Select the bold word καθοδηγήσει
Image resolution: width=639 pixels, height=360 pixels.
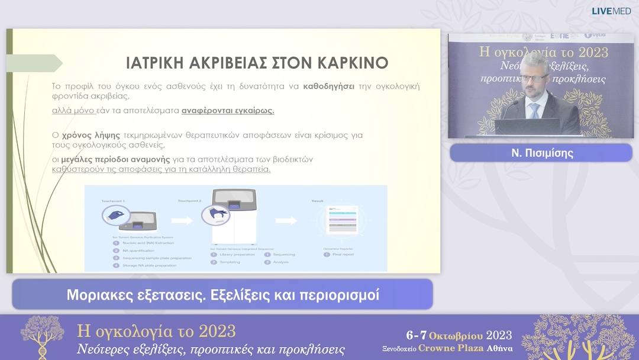(x=329, y=86)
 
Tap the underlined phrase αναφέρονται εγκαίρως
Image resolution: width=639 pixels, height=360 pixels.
(x=228, y=110)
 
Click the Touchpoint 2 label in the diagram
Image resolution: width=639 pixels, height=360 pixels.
(x=189, y=201)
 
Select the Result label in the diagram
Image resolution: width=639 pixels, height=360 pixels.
(x=318, y=201)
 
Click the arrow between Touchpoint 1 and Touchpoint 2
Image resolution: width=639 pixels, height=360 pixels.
(x=180, y=221)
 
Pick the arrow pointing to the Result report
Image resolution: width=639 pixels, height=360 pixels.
(x=286, y=221)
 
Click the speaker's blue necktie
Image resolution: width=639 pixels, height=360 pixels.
(x=534, y=110)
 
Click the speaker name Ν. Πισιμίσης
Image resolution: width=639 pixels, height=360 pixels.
(x=542, y=153)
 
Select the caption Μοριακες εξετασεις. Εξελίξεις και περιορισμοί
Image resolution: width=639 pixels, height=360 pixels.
(x=222, y=294)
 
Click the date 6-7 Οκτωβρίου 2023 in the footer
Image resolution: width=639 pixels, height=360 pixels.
(x=459, y=336)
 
